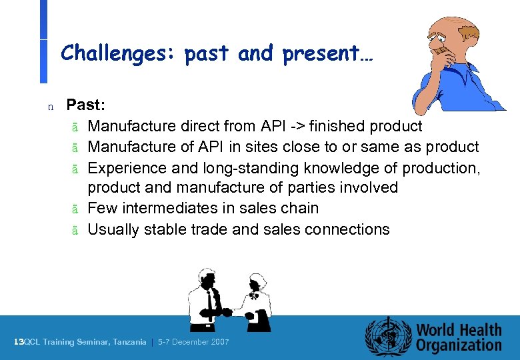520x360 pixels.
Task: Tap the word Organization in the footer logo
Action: pyautogui.click(x=459, y=345)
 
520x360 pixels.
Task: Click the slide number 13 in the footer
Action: pyautogui.click(x=19, y=342)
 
